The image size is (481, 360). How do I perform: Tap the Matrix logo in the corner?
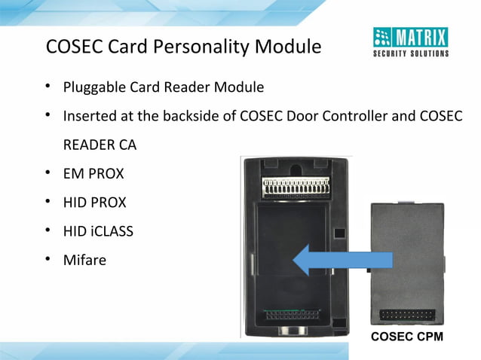click(x=411, y=38)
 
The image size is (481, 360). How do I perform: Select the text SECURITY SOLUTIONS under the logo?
click(x=411, y=53)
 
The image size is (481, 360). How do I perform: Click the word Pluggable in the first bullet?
click(x=93, y=87)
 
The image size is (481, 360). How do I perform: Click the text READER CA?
click(x=100, y=145)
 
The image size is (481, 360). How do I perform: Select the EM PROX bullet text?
click(x=93, y=174)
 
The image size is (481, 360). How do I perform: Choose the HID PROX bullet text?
click(x=95, y=203)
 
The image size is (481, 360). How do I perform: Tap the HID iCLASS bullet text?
click(x=98, y=231)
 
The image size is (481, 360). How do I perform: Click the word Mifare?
click(x=84, y=260)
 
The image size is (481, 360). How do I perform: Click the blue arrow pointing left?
click(x=343, y=261)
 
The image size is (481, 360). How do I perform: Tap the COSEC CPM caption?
click(x=406, y=336)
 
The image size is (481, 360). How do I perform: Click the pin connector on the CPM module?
click(x=406, y=314)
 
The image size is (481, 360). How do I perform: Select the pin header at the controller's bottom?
click(x=296, y=313)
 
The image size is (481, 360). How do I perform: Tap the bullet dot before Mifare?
click(x=47, y=260)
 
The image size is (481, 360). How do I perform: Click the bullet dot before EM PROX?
click(x=47, y=174)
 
